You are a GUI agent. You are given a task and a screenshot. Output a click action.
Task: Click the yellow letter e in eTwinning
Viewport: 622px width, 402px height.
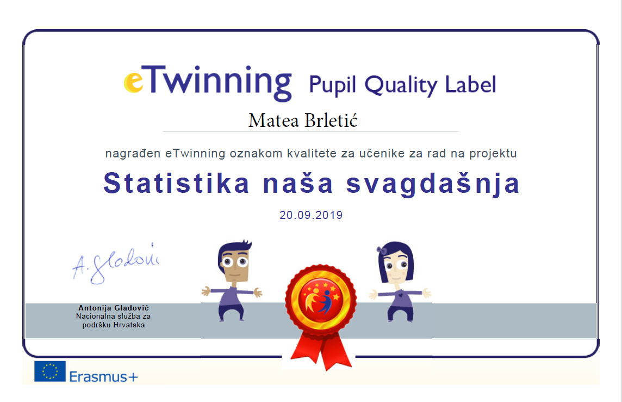pyautogui.click(x=134, y=82)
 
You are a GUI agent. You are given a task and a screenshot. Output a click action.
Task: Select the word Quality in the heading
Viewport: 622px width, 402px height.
pyautogui.click(x=401, y=85)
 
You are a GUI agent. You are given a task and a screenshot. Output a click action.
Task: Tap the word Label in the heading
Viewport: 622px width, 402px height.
pyautogui.click(x=470, y=84)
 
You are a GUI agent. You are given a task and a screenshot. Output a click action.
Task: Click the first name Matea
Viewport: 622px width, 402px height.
pyautogui.click(x=273, y=120)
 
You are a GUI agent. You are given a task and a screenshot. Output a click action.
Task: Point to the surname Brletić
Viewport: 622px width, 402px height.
pyautogui.click(x=331, y=120)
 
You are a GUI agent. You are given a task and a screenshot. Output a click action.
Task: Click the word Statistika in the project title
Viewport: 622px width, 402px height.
pyautogui.click(x=177, y=183)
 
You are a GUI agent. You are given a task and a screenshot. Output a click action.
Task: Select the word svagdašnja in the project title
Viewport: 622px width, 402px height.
pyautogui.click(x=433, y=185)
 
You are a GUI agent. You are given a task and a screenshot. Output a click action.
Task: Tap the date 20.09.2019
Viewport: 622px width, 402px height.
pyautogui.click(x=311, y=215)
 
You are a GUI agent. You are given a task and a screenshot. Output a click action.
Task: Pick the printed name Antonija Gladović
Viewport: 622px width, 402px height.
pyautogui.click(x=114, y=308)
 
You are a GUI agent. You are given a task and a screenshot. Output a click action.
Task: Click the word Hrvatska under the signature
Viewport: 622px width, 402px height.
pyautogui.click(x=129, y=325)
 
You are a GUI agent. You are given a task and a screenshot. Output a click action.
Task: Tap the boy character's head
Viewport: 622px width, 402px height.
pyautogui.click(x=234, y=260)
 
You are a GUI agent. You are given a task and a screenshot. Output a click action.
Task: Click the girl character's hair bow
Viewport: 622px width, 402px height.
pyautogui.click(x=382, y=250)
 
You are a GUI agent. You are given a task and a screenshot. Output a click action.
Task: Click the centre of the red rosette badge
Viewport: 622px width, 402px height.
pyautogui.click(x=321, y=300)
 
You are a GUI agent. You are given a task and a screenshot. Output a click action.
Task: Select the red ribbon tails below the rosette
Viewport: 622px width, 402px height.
pyautogui.click(x=321, y=351)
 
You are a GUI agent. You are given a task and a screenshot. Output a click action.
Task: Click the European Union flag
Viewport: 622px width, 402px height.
pyautogui.click(x=50, y=371)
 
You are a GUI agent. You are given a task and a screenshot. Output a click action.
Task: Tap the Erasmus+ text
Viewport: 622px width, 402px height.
pyautogui.click(x=103, y=376)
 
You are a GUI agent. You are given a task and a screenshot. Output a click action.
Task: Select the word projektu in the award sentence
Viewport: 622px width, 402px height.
pyautogui.click(x=493, y=154)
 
